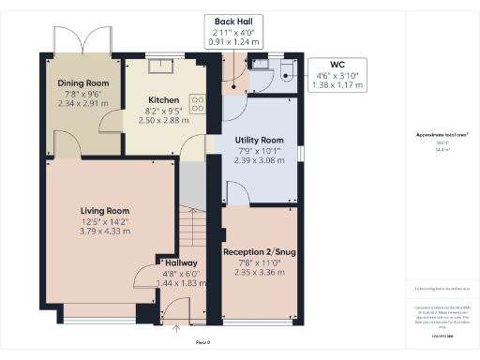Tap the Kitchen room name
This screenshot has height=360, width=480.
[x=164, y=100]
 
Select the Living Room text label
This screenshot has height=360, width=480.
[x=105, y=211]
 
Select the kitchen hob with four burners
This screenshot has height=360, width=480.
[x=199, y=102]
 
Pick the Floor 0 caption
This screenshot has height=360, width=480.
[x=202, y=342]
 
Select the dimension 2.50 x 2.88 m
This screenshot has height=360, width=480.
[x=164, y=121]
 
